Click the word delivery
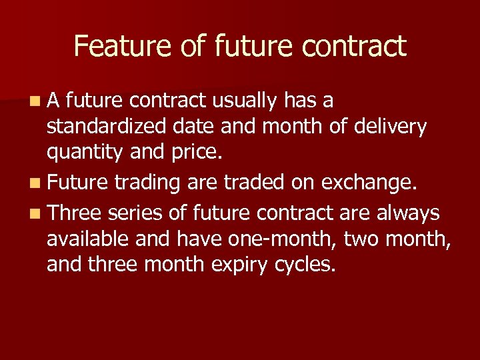click(394, 127)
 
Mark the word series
click(133, 213)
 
